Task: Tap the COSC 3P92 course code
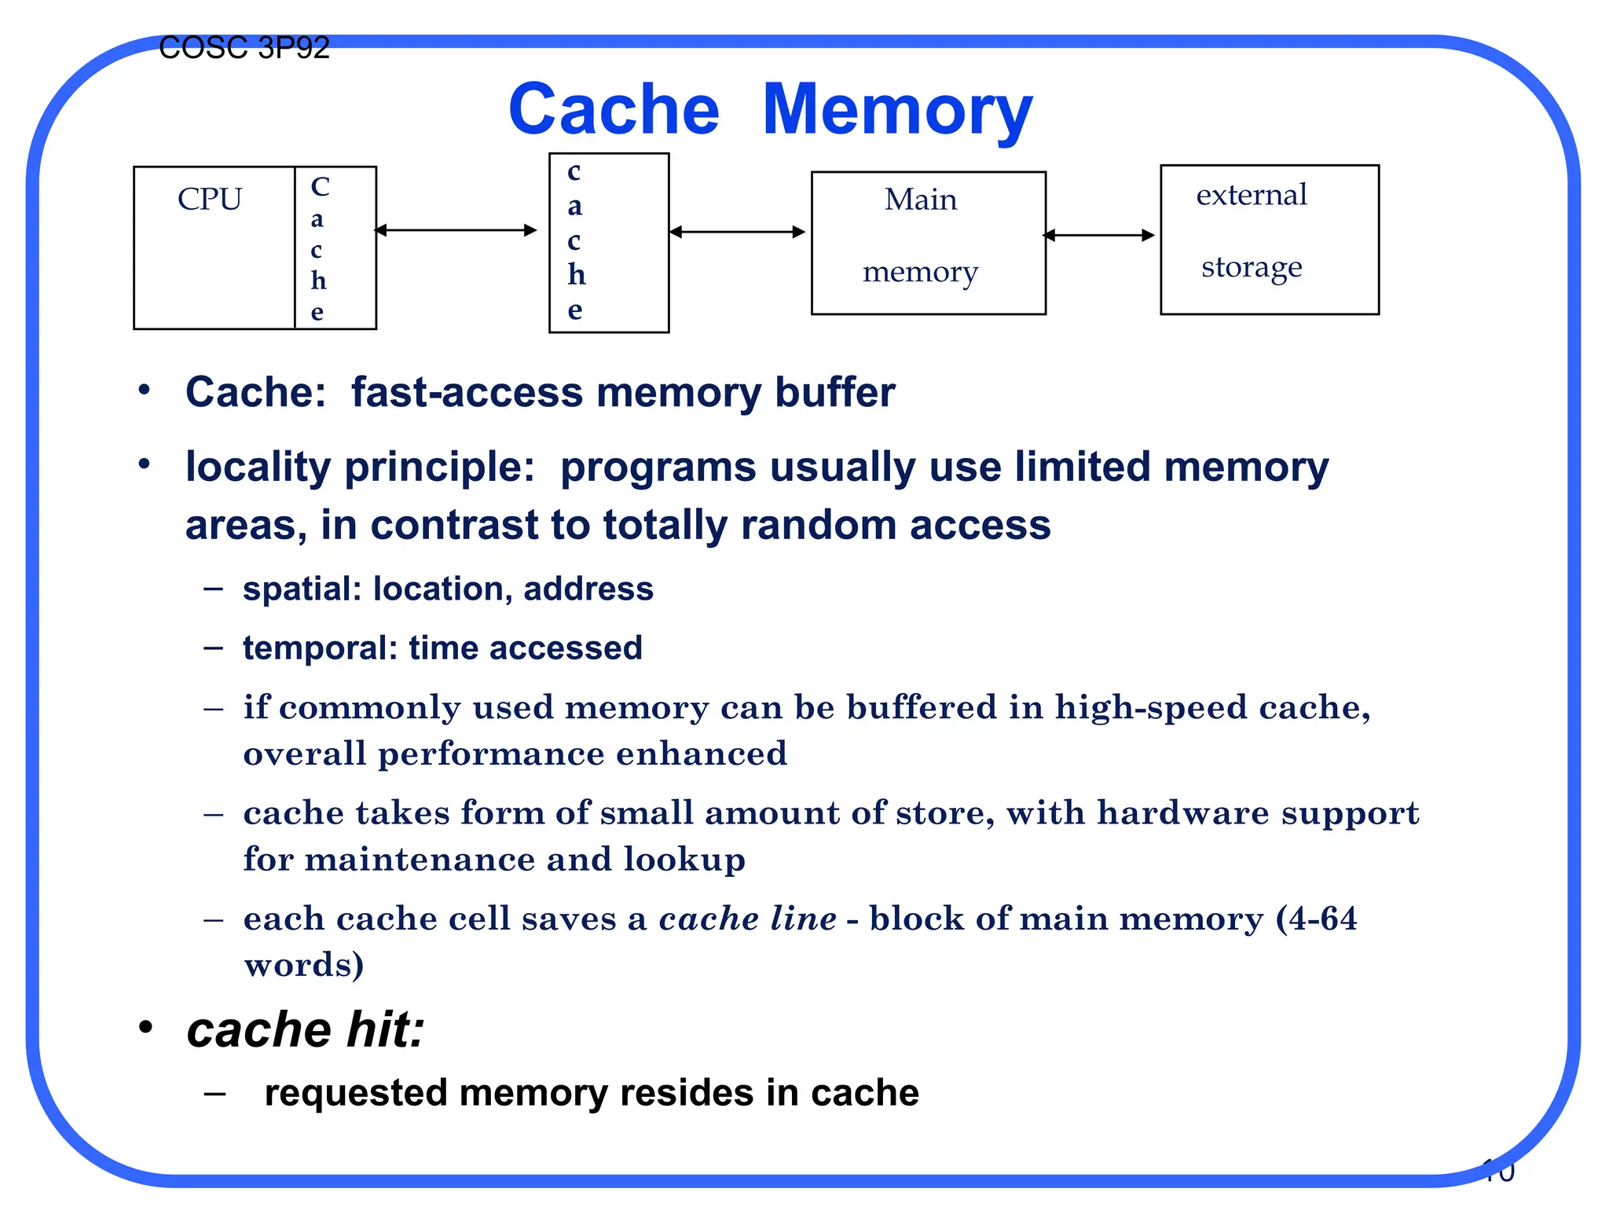pyautogui.click(x=244, y=49)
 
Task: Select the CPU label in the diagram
pyautogui.click(x=210, y=200)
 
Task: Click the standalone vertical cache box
pyautogui.click(x=609, y=243)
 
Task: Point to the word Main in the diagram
pyautogui.click(x=921, y=200)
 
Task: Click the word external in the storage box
pyautogui.click(x=1252, y=195)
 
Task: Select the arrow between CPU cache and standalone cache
pyautogui.click(x=456, y=230)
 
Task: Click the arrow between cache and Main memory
pyautogui.click(x=738, y=232)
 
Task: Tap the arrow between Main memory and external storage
pyautogui.click(x=1099, y=235)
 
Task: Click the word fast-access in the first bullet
pyautogui.click(x=467, y=392)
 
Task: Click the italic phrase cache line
pyautogui.click(x=747, y=919)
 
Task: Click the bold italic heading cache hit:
pyautogui.click(x=306, y=1030)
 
